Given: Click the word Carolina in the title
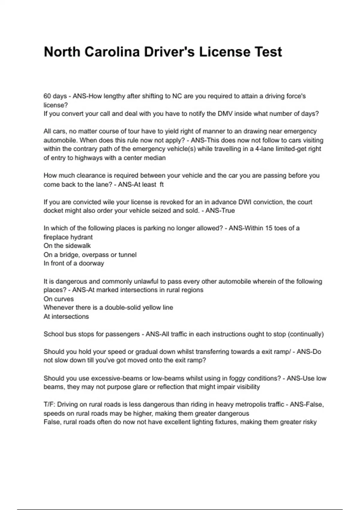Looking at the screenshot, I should tap(112, 52).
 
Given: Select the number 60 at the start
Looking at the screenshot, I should tap(47, 96).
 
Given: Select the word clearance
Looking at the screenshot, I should tap(85, 175).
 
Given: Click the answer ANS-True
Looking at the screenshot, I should tap(220, 211).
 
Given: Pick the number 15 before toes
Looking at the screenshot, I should tap(269, 228).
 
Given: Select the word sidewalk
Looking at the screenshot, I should tap(77, 246).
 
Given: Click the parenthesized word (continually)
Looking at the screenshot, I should tap(306, 334).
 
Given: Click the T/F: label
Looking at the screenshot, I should tap(50, 405).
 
